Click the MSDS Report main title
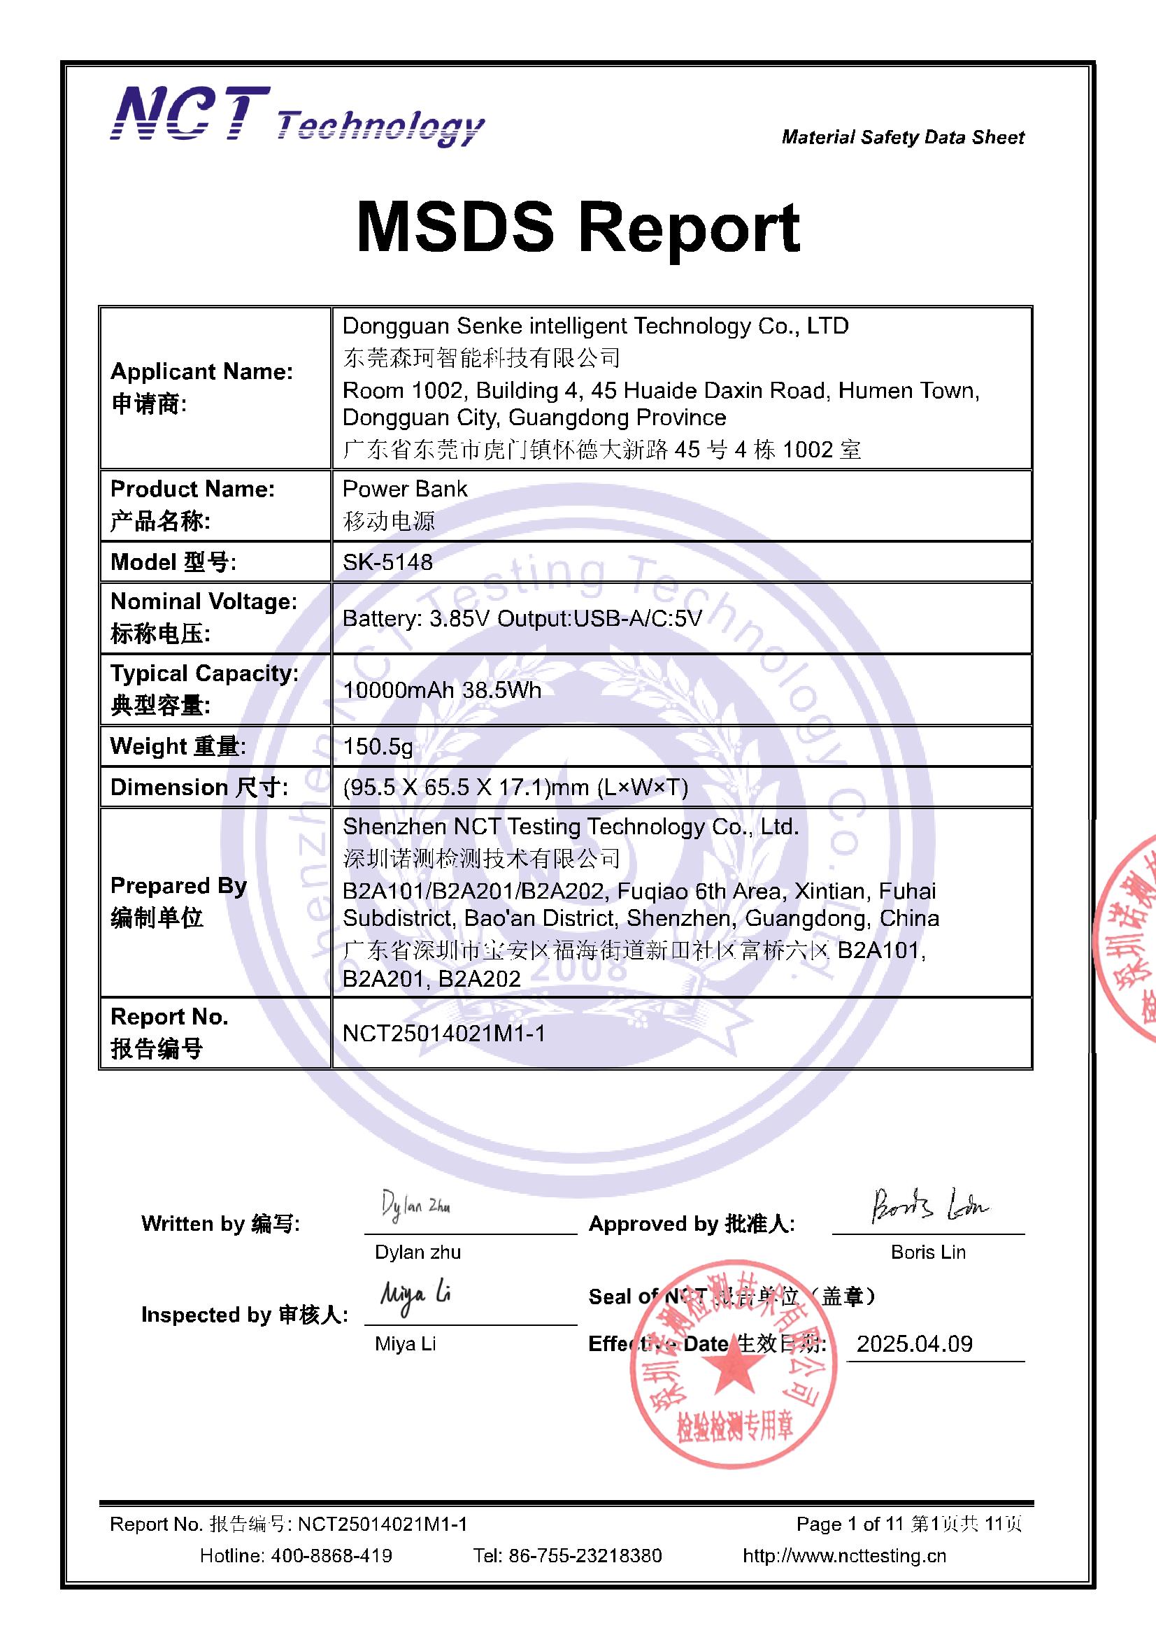[x=578, y=227]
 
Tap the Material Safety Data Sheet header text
[x=902, y=137]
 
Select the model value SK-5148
[x=387, y=562]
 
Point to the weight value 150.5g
[x=378, y=746]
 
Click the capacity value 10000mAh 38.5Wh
[x=441, y=690]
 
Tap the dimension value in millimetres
[x=515, y=787]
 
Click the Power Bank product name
[x=404, y=490]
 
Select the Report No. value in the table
[x=444, y=1034]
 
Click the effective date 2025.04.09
[x=914, y=1344]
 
